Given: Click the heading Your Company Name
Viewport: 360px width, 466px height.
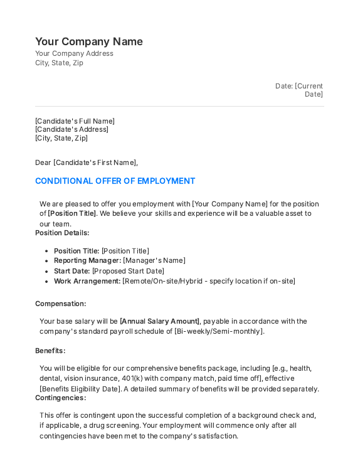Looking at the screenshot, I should pos(89,41).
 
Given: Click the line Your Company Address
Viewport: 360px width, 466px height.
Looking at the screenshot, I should pos(74,54).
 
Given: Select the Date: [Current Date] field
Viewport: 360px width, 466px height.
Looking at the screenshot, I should pos(299,90).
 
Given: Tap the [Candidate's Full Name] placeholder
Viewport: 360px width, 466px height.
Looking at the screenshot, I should pos(75,121).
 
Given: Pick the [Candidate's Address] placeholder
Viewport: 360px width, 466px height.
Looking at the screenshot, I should pos(71,129).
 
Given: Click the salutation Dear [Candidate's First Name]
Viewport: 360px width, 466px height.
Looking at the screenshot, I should pos(86,162).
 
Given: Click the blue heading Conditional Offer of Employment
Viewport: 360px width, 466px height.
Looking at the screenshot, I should pos(115,181).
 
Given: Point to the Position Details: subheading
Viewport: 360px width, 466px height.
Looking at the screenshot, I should pos(62,233).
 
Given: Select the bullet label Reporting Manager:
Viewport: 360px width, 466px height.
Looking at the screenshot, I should pos(87,260).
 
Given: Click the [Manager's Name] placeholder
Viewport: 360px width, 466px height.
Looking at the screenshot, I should pos(154,260).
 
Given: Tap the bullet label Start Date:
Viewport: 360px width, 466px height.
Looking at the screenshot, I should pos(72,271).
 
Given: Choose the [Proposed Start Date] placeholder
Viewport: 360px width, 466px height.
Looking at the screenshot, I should pos(128,271).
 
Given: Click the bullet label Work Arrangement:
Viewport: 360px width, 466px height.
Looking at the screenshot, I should pos(87,281).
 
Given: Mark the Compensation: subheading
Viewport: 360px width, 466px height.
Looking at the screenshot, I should pos(60,304).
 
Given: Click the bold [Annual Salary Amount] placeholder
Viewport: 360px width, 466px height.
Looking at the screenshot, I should pos(161,321).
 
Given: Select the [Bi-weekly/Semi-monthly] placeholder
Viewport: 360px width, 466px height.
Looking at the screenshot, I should pos(220,331).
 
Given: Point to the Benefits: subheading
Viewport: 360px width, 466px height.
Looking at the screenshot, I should pos(50,351).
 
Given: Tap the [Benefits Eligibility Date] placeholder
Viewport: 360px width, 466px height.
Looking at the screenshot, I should pos(80,389).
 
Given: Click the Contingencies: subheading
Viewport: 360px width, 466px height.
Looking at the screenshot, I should pos(60,398).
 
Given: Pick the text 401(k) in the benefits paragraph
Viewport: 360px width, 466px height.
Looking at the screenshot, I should pos(133,379).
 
